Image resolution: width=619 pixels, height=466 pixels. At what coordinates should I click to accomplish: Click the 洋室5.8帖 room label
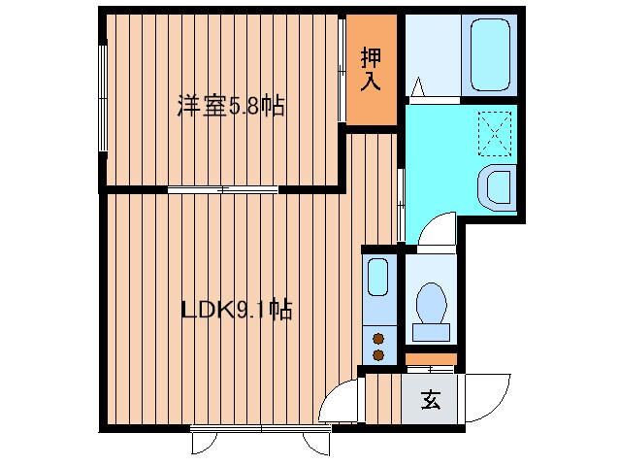[x=230, y=106]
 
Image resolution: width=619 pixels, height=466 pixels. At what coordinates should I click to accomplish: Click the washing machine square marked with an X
[x=498, y=132]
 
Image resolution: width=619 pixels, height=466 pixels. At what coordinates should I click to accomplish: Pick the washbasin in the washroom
[x=499, y=186]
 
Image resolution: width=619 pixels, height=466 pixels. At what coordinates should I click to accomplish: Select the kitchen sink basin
[x=378, y=279]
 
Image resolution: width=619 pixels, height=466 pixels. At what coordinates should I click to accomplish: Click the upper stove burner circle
[x=377, y=339]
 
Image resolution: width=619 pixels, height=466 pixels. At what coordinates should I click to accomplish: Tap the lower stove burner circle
[x=377, y=355]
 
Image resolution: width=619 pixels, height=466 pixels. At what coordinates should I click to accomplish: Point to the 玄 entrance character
[x=431, y=399]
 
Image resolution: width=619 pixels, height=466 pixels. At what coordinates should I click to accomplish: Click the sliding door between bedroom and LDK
[x=224, y=189]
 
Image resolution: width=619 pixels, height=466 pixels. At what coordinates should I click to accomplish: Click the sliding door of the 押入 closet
[x=342, y=73]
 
